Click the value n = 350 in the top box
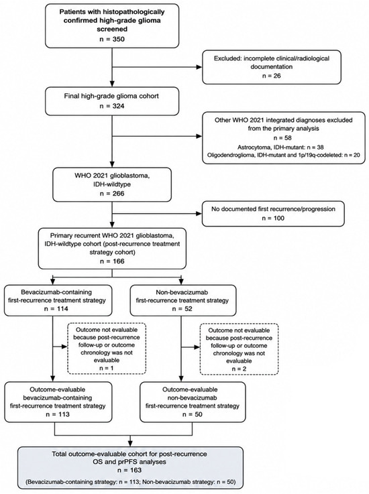(x=112, y=39)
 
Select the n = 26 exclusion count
(x=272, y=76)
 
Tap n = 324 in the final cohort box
(x=112, y=106)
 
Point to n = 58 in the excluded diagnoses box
(x=282, y=137)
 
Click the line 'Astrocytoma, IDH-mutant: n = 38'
(x=280, y=147)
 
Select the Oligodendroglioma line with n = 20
(x=284, y=155)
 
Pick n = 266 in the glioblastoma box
(x=112, y=193)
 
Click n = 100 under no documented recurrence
(x=273, y=218)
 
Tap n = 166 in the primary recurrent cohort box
(x=112, y=261)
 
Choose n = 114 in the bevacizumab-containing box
(x=57, y=308)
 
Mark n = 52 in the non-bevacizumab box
(x=182, y=308)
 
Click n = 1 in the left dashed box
(x=106, y=368)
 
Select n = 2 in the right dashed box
(x=239, y=369)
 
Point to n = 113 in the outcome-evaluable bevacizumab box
(x=58, y=414)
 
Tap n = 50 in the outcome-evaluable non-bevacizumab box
(x=193, y=414)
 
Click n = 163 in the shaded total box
(x=129, y=470)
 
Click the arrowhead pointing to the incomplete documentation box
(x=199, y=67)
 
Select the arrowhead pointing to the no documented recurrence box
(x=199, y=214)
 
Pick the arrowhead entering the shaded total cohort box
(x=130, y=443)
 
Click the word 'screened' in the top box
(x=112, y=29)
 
